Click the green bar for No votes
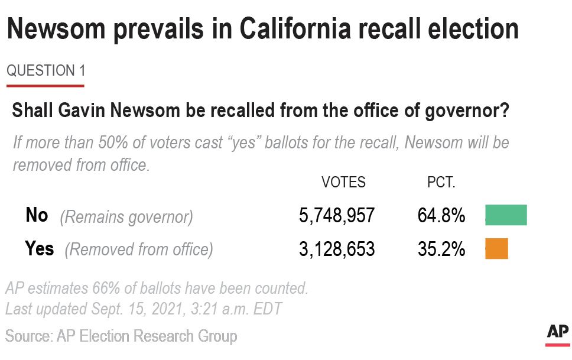coord(506,215)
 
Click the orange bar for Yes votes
coord(496,248)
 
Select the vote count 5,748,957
coord(336,216)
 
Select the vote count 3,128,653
coord(336,249)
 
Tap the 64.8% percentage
coord(441,216)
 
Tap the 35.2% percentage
coord(441,249)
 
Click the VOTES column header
coord(343,182)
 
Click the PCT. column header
coord(441,182)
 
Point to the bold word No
coord(37,215)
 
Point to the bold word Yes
coord(40,249)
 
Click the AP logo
coord(557,333)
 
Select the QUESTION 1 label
coord(45,71)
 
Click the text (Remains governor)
coord(126,217)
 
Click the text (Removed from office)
coord(139,250)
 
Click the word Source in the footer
coord(27,336)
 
